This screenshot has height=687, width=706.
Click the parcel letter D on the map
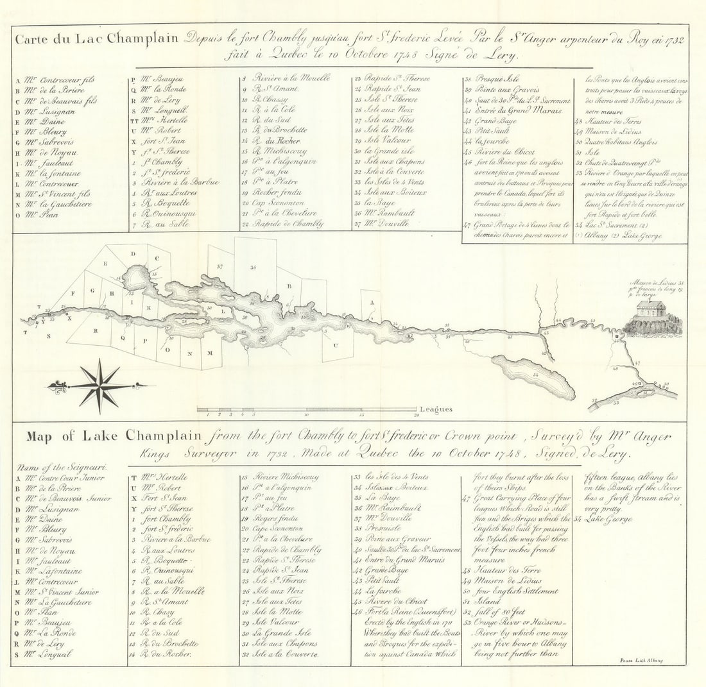pos(133,254)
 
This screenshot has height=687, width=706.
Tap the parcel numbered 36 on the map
pos(254,267)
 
